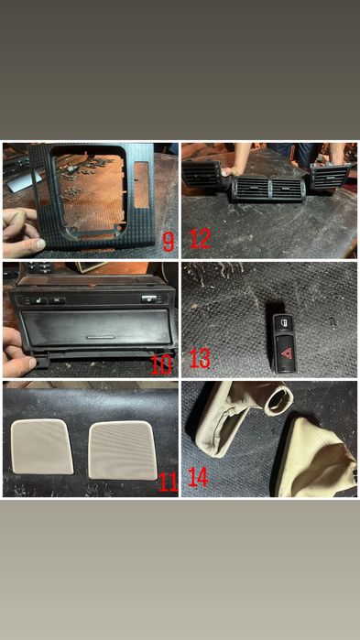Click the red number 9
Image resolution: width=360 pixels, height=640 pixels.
coord(169,242)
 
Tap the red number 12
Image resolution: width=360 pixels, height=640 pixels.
coord(201,239)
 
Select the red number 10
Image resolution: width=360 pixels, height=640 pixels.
coord(161,364)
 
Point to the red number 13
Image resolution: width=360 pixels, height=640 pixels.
coord(200,359)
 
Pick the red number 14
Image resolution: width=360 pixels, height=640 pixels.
coord(198,477)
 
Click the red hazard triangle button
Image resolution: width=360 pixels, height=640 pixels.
coord(286,352)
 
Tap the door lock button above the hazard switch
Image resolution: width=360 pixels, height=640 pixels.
coord(285,324)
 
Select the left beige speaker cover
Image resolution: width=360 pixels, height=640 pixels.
coord(42,447)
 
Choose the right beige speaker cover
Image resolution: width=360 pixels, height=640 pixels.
coord(123,450)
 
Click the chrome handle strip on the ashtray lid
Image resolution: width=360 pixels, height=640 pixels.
coord(101,338)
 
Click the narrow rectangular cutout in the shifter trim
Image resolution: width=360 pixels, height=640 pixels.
coord(141,185)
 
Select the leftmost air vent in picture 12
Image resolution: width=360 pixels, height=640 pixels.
coord(202,174)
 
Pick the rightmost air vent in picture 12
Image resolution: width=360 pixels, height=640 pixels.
coord(330,177)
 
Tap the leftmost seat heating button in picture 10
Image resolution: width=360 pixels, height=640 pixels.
coord(38,300)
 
